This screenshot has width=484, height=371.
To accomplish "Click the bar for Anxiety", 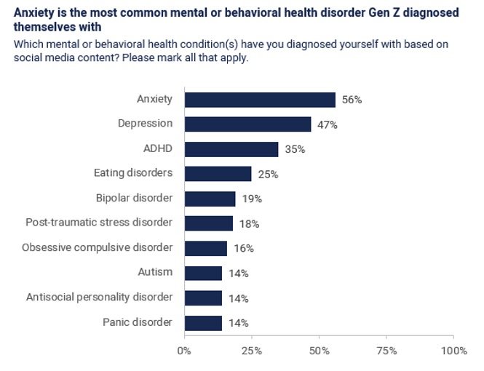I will pyautogui.click(x=260, y=100).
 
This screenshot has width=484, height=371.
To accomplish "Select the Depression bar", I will pyautogui.click(x=247, y=124).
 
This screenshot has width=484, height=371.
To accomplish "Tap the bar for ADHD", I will pyautogui.click(x=231, y=149).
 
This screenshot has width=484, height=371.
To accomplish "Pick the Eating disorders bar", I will pyautogui.click(x=218, y=174).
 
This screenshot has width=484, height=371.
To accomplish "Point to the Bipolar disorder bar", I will pyautogui.click(x=210, y=199).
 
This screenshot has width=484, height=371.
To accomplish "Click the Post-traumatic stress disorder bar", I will pyautogui.click(x=208, y=223).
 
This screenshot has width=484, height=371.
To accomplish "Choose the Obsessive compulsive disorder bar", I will pyautogui.click(x=206, y=248).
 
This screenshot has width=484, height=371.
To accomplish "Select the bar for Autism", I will pyautogui.click(x=203, y=273).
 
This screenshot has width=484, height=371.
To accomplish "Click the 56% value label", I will pyautogui.click(x=352, y=100).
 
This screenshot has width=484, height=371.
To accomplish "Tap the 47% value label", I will pyautogui.click(x=328, y=124).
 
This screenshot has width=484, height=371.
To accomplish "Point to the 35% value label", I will pyautogui.click(x=295, y=149).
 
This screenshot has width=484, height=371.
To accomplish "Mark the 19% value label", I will pyautogui.click(x=252, y=199).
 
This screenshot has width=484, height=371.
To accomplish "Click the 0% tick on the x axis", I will pyautogui.click(x=184, y=351).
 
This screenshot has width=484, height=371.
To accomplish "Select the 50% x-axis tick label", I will pyautogui.click(x=319, y=351).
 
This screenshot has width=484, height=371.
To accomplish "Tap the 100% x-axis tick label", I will pyautogui.click(x=453, y=351).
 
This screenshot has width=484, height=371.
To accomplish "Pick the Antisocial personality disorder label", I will pyautogui.click(x=99, y=297).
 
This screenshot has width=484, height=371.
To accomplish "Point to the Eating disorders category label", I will pyautogui.click(x=133, y=173).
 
